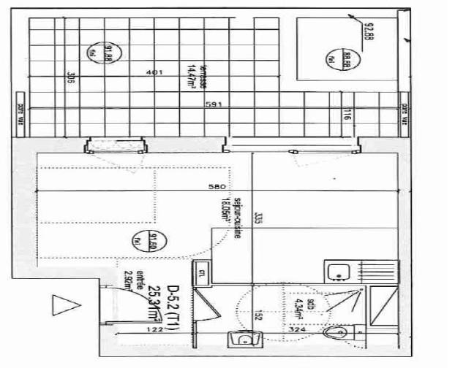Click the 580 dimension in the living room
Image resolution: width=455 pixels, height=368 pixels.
point(216,187)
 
